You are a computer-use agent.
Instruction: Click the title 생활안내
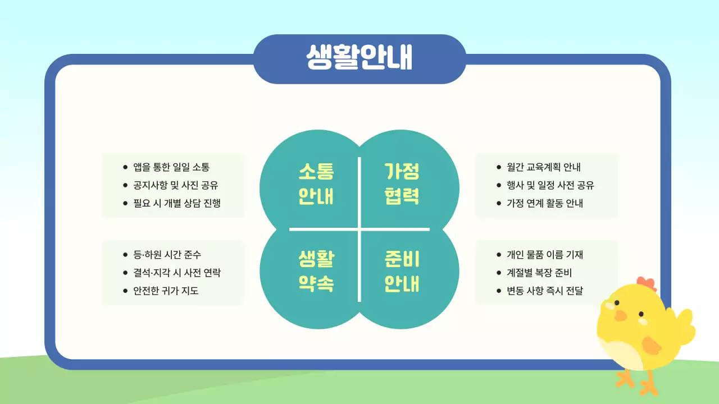pyautogui.click(x=359, y=58)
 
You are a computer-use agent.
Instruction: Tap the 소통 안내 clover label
pyautogui.click(x=316, y=184)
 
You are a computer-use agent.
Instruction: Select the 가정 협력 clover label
pyautogui.click(x=402, y=184)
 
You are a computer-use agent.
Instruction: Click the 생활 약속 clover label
pyautogui.click(x=316, y=272)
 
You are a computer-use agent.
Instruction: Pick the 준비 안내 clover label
pyautogui.click(x=402, y=272)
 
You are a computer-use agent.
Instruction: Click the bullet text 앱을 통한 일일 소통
pyautogui.click(x=171, y=167)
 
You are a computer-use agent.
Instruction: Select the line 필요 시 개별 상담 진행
pyautogui.click(x=177, y=203)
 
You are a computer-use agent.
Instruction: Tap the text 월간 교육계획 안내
pyautogui.click(x=544, y=167)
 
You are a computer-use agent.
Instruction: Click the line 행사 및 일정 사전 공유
pyautogui.click(x=550, y=185)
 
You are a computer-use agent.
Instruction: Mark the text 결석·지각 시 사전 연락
pyautogui.click(x=177, y=273)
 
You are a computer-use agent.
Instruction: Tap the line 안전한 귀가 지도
pyautogui.click(x=166, y=291)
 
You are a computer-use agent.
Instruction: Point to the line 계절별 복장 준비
pyautogui.click(x=539, y=273)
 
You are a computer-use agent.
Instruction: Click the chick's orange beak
pyautogui.click(x=620, y=315)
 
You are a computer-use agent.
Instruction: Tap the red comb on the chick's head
pyautogui.click(x=647, y=283)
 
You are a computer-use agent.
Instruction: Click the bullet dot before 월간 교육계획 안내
pyautogui.click(x=499, y=167)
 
